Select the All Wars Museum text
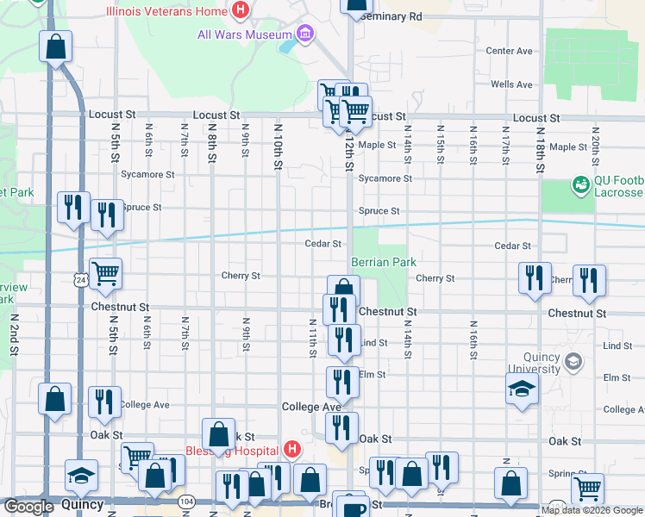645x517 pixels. point(245,34)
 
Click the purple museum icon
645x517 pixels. point(304,34)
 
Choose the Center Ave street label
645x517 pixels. point(509,51)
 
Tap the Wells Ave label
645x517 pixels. point(511,84)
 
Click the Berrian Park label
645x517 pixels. point(384,262)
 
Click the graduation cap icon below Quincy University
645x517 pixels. point(523,389)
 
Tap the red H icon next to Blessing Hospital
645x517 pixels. point(292,450)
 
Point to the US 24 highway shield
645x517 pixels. point(80,281)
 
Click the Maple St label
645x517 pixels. point(377,145)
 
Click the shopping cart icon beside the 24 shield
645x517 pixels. point(105,274)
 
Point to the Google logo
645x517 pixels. point(28,507)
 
